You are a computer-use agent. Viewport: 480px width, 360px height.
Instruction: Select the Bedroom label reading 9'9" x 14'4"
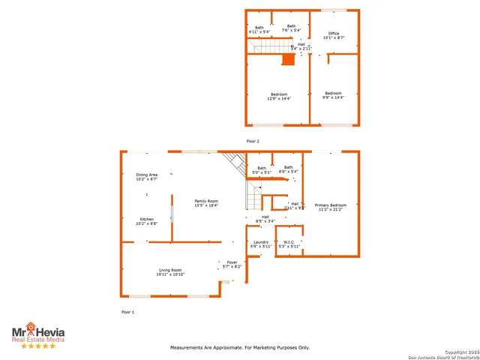click(333, 95)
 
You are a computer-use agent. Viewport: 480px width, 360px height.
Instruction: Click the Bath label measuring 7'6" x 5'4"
click(292, 28)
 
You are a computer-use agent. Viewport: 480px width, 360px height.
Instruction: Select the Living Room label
click(170, 271)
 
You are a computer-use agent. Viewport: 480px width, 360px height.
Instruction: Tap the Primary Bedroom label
click(330, 206)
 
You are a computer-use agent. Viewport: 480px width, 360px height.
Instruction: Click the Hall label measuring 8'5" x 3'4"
click(265, 219)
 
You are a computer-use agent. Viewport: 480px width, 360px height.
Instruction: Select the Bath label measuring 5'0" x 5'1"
click(262, 169)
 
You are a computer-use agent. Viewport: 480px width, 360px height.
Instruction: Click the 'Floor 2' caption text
click(253, 140)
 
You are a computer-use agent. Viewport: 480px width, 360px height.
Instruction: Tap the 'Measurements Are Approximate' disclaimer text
click(240, 347)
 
